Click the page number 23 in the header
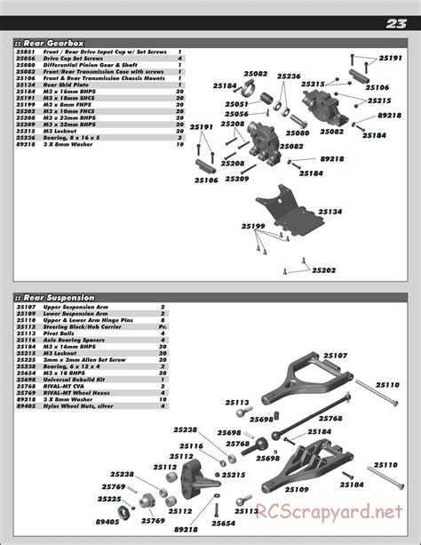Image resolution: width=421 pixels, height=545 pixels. click(396, 24)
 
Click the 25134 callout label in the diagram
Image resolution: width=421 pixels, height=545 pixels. click(330, 212)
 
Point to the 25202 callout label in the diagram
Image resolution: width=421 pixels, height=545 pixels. click(324, 269)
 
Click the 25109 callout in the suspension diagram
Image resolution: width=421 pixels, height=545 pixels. click(296, 490)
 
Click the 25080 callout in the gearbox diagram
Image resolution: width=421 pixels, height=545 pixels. click(298, 132)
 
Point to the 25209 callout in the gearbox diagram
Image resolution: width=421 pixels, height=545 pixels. click(237, 179)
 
